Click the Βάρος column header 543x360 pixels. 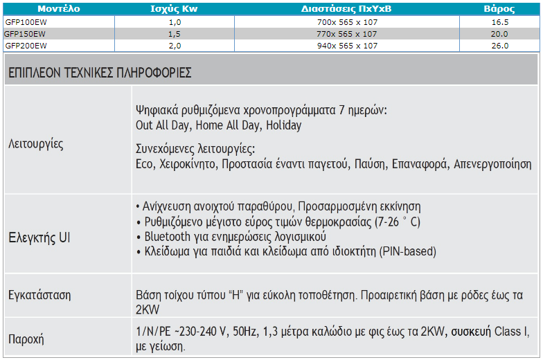click(x=499, y=9)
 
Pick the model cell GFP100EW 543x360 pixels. click(x=26, y=22)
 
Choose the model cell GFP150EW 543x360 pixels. click(x=26, y=34)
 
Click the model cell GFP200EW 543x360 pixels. click(x=26, y=46)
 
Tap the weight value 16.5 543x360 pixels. click(x=499, y=22)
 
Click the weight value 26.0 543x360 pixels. click(x=499, y=46)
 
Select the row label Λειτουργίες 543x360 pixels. click(x=36, y=145)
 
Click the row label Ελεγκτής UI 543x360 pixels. click(x=39, y=238)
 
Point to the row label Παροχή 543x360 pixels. click(x=26, y=339)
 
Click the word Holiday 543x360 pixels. click(x=284, y=126)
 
